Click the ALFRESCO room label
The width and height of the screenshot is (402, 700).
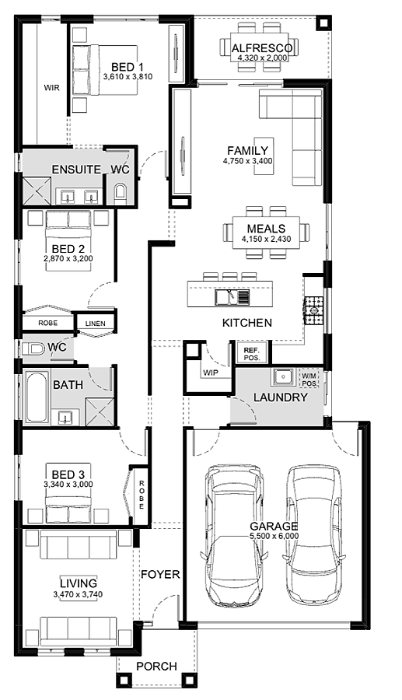pos(262,47)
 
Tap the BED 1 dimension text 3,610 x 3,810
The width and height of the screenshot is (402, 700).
pos(128,77)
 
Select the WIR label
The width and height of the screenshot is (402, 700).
pos(52,88)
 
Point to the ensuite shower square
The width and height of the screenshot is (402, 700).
pos(37,191)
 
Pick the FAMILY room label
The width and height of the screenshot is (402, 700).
pos(247,151)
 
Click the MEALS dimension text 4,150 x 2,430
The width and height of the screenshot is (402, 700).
pos(267,239)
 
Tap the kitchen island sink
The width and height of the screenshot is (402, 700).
pos(232,297)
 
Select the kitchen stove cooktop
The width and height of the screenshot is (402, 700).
pos(313,310)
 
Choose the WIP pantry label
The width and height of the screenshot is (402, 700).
pos(211,373)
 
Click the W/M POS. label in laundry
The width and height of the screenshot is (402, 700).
pos(309,380)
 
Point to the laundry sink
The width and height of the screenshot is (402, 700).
pos(283,378)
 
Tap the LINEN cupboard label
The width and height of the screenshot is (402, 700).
pos(96,324)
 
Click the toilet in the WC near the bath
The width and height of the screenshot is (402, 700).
pos(33,349)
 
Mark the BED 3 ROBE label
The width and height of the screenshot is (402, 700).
pos(141,495)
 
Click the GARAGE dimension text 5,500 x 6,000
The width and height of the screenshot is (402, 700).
pos(274,536)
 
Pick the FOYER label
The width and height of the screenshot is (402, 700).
pos(160,575)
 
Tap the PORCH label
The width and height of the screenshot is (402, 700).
pos(156,667)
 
